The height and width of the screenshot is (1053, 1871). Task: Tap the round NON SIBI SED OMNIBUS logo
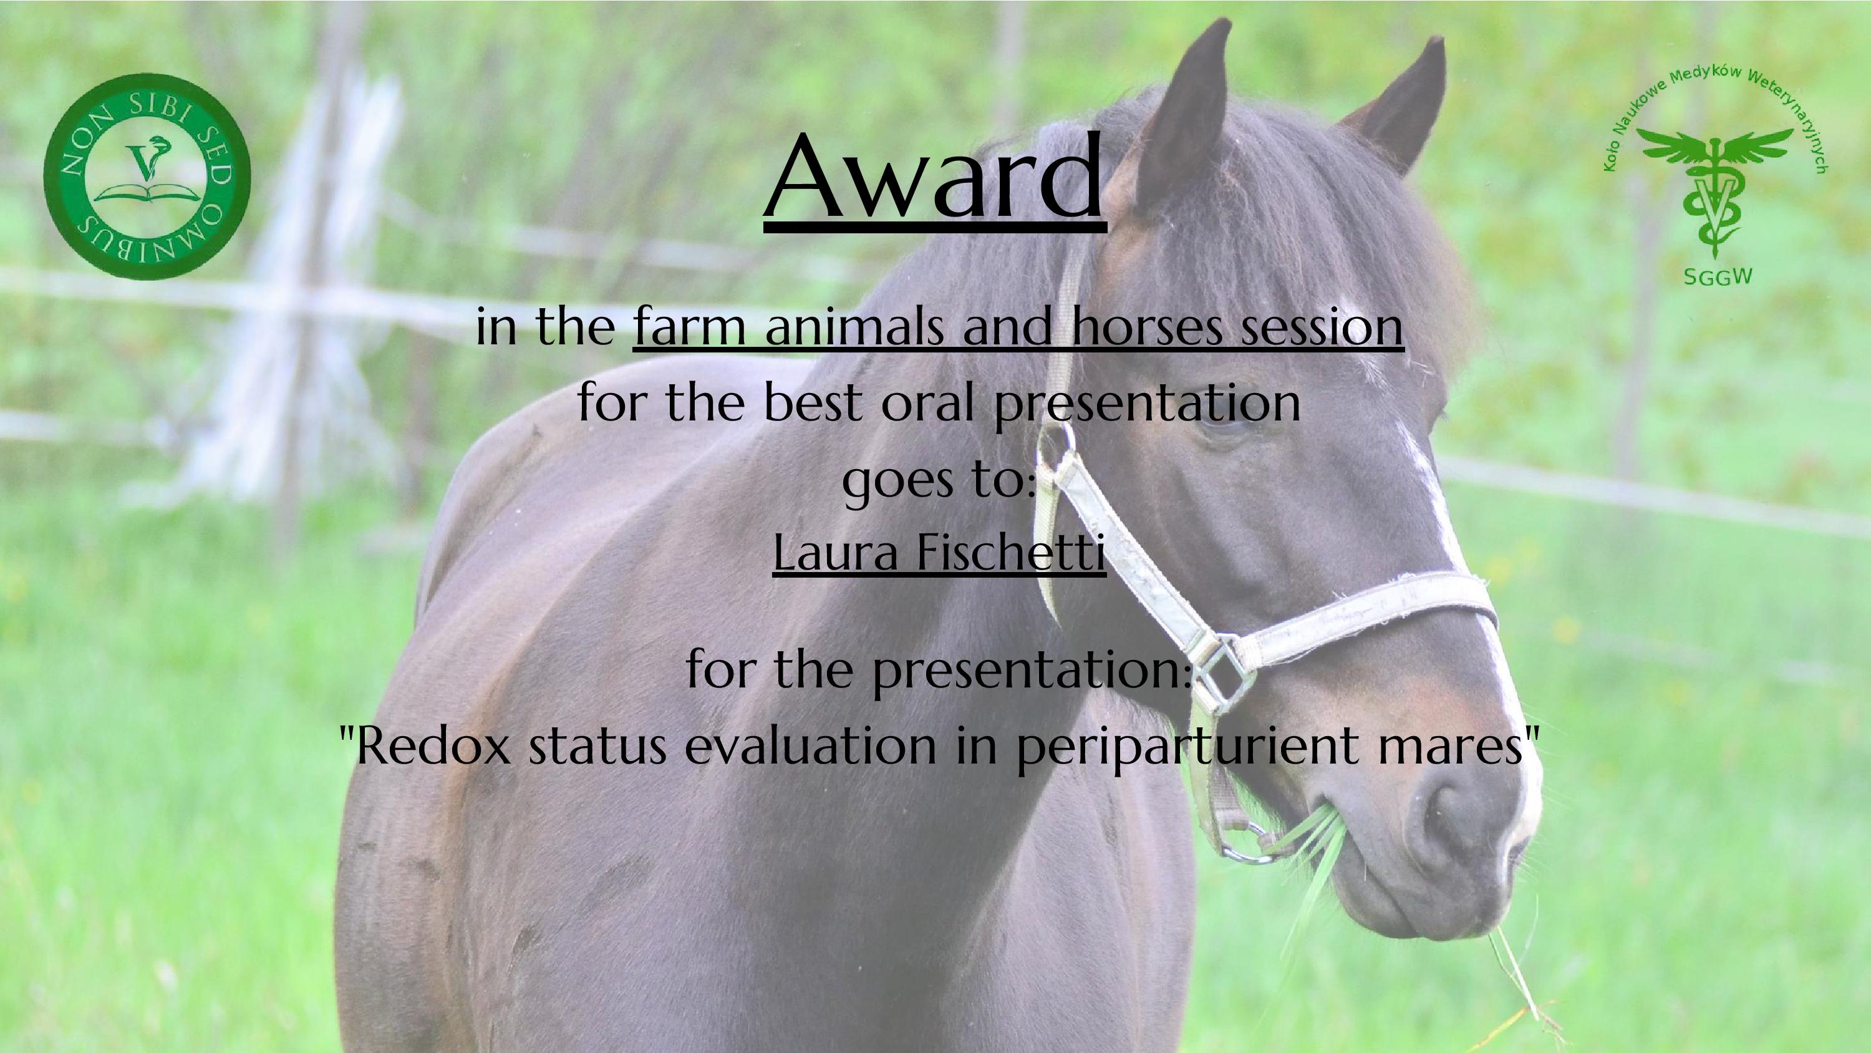tap(147, 176)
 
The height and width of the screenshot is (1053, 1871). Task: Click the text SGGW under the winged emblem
tap(1718, 277)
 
